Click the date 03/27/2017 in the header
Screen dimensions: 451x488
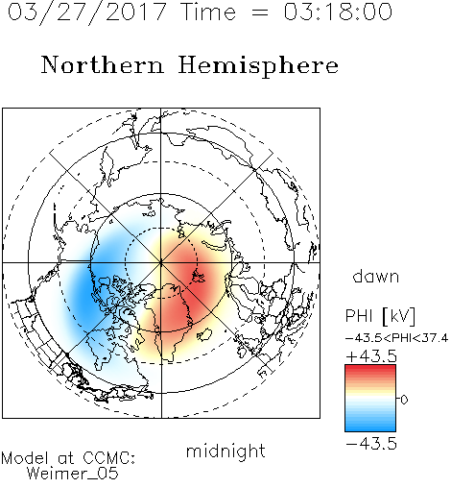tap(87, 12)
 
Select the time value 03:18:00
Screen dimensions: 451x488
tap(338, 12)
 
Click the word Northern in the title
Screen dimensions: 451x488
tap(103, 65)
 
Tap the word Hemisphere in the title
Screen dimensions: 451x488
tap(258, 66)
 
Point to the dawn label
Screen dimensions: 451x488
tap(376, 276)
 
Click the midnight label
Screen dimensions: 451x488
tap(225, 451)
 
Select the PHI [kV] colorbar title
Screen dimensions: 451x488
tap(380, 316)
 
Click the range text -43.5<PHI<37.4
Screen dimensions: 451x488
tap(396, 338)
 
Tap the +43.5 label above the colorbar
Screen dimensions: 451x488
tap(371, 356)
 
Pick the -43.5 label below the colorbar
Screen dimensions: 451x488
tap(371, 444)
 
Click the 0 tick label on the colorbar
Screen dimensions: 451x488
tap(404, 400)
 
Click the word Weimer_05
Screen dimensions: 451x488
tap(73, 474)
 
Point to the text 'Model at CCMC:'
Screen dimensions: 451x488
tap(68, 458)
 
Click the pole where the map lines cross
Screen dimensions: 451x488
tap(161, 263)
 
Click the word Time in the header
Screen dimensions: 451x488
tap(208, 12)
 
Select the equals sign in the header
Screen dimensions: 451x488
tap(259, 13)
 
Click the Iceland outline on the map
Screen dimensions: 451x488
tap(204, 334)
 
